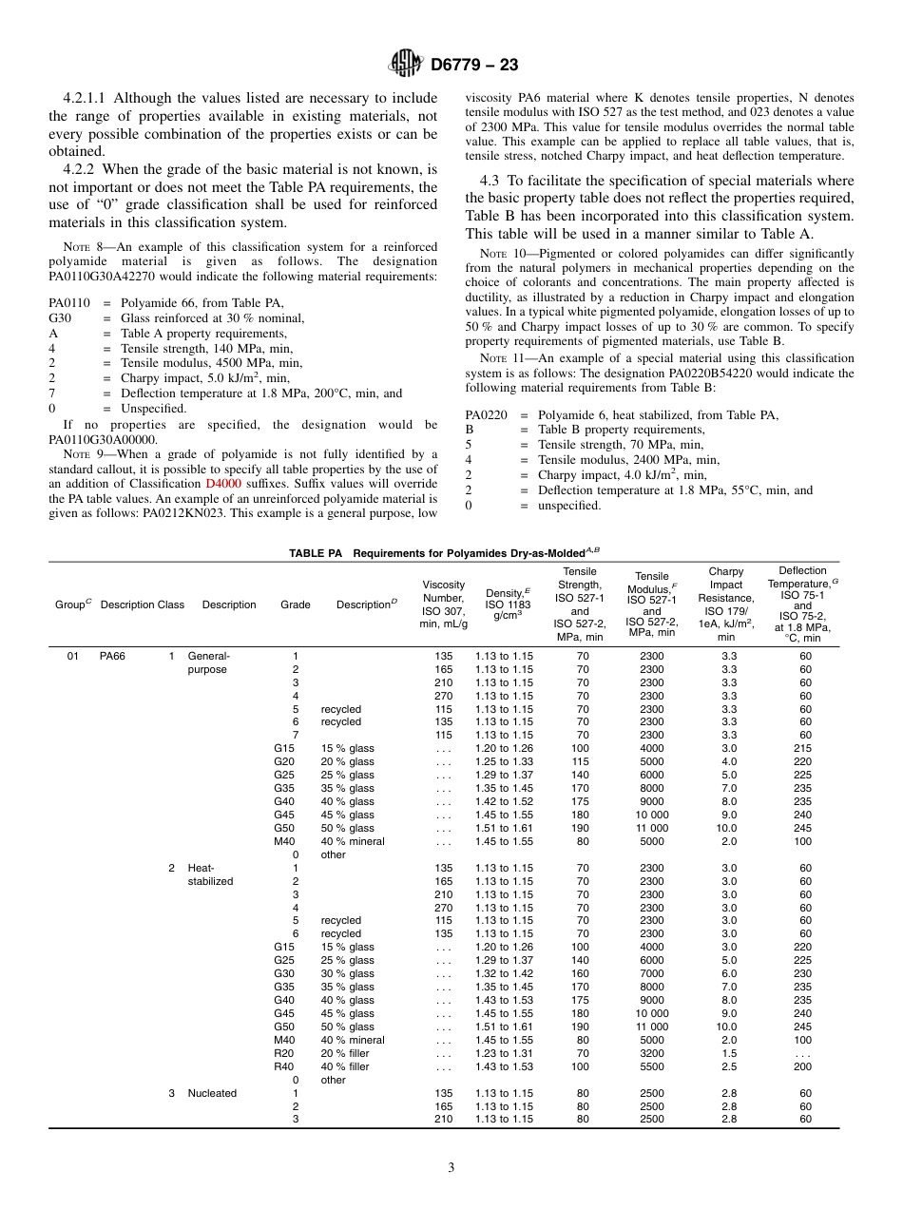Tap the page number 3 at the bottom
[x=451, y=1168]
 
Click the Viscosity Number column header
[x=443, y=604]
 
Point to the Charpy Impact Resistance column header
[x=726, y=605]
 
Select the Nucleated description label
[x=212, y=1093]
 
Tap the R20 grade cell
[x=284, y=1053]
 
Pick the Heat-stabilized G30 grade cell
[x=284, y=973]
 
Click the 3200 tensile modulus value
[x=652, y=1053]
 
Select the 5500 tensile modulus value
[x=652, y=1066]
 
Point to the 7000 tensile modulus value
[x=652, y=973]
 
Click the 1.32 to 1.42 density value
[x=504, y=973]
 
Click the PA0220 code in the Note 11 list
[x=486, y=415]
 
